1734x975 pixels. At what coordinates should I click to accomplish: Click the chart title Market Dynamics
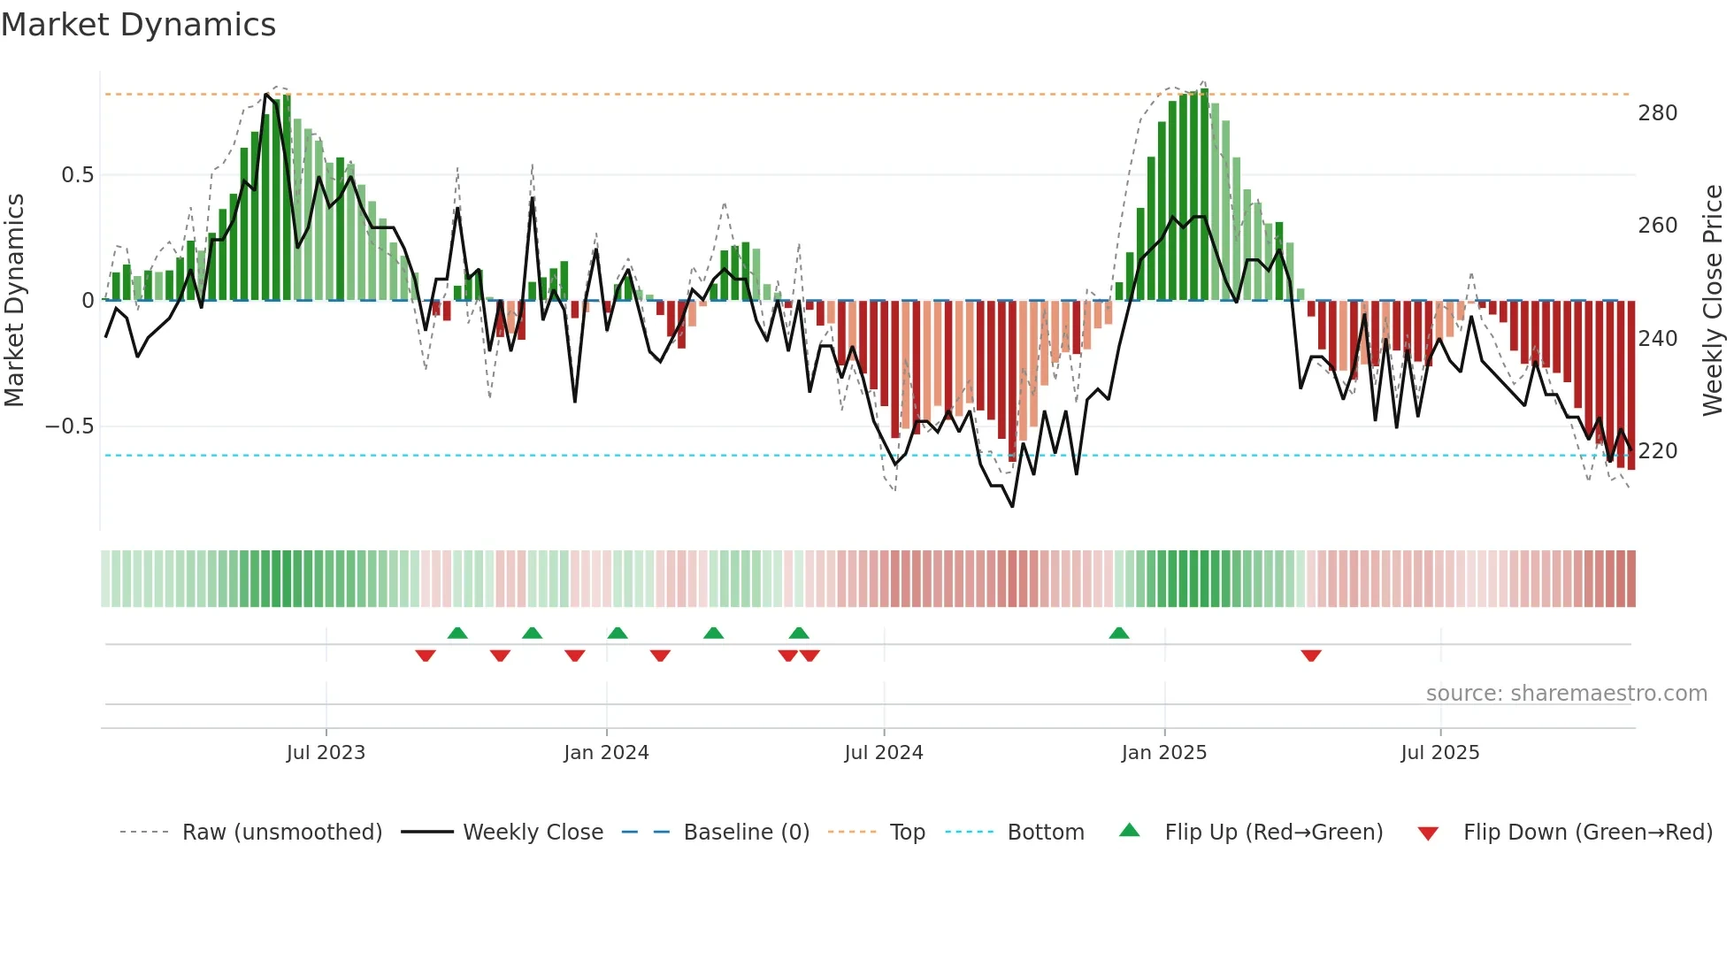(x=138, y=25)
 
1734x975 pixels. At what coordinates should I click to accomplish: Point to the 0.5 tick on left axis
(x=77, y=175)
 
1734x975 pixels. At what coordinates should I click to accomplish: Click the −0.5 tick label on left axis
(x=69, y=426)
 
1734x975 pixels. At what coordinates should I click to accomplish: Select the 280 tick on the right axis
(x=1657, y=113)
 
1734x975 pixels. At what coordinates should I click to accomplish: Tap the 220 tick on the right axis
(x=1657, y=451)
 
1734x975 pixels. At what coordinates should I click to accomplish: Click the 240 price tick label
(x=1657, y=339)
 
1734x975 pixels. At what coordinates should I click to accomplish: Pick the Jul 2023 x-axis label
(x=326, y=753)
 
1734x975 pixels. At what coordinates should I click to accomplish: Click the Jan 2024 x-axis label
(x=606, y=753)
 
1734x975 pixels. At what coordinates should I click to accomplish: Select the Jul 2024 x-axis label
(x=884, y=753)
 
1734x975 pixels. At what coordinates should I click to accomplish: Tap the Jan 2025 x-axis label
(x=1163, y=753)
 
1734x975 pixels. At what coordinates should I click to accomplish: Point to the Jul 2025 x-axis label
(x=1439, y=753)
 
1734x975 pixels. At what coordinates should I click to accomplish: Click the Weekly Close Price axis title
(x=1713, y=301)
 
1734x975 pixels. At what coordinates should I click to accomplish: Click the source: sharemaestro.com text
(x=1566, y=694)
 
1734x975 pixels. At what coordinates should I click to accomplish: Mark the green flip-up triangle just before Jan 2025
(x=1118, y=633)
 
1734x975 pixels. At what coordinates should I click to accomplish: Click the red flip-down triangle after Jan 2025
(x=1311, y=656)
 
